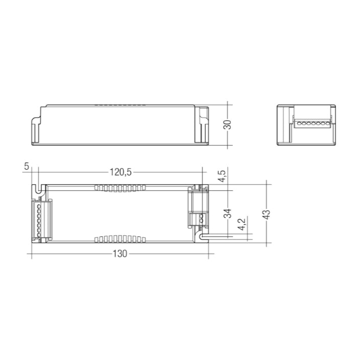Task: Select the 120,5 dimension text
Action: pos(122,173)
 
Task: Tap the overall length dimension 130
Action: pos(120,253)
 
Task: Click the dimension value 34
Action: pos(228,213)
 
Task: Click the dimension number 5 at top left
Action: pos(27,166)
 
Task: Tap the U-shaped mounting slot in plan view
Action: pos(38,188)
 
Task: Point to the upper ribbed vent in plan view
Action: pos(121,187)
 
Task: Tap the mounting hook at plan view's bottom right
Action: pos(202,235)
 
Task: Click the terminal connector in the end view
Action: pos(310,124)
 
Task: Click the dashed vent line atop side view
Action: pos(121,105)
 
